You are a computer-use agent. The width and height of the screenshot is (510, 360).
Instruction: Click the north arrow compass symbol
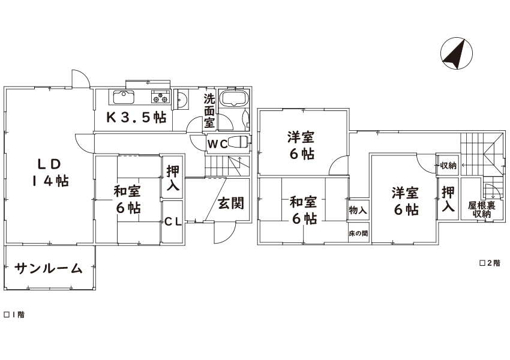click(x=457, y=53)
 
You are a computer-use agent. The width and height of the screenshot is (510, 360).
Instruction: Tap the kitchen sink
click(x=124, y=97)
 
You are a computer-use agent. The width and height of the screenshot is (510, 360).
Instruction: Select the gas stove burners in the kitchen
click(x=160, y=97)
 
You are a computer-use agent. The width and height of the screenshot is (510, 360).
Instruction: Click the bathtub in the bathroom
click(x=234, y=97)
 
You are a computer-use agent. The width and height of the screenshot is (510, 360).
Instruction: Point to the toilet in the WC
click(x=238, y=142)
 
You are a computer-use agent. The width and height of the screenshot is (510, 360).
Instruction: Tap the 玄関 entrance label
click(x=230, y=203)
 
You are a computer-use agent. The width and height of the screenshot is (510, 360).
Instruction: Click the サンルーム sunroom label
click(x=48, y=268)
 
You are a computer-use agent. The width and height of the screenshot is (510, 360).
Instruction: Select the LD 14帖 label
click(x=50, y=173)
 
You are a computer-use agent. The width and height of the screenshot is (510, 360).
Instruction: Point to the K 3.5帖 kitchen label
click(x=137, y=118)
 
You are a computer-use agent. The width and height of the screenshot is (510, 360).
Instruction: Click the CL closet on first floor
click(x=172, y=222)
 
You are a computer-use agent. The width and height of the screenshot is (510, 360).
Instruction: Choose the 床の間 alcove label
click(x=358, y=233)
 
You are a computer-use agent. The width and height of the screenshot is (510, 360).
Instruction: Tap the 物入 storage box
click(x=358, y=210)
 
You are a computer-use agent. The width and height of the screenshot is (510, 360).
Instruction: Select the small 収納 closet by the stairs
click(x=448, y=166)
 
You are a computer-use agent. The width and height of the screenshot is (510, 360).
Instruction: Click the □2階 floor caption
click(x=490, y=263)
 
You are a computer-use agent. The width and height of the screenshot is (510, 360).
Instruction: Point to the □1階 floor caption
click(x=14, y=314)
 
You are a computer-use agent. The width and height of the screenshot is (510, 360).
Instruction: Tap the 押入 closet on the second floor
click(x=448, y=199)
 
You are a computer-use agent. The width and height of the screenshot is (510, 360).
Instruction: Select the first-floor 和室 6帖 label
click(x=127, y=199)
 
